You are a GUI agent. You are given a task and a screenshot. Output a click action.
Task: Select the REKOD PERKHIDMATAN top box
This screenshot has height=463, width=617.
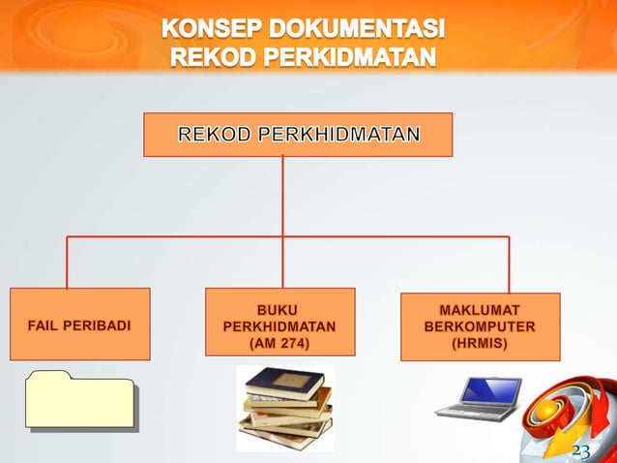(x=298, y=135)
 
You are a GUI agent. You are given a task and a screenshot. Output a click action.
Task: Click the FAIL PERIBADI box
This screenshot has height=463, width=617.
(x=80, y=324)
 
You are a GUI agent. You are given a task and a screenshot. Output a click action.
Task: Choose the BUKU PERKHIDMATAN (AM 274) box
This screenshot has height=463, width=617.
(x=279, y=323)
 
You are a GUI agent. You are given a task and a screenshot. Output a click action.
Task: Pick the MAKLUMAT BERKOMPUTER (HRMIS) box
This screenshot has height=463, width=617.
(x=480, y=327)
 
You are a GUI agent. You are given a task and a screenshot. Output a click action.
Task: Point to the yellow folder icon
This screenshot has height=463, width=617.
(x=80, y=398)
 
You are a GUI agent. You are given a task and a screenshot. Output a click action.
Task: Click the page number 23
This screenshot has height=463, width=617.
(x=580, y=451)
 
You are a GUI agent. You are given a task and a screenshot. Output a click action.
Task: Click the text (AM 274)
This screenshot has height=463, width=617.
(x=279, y=343)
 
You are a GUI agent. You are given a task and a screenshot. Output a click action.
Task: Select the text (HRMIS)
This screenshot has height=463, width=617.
(x=480, y=343)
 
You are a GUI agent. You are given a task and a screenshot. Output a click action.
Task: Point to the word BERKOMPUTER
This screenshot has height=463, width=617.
(x=480, y=326)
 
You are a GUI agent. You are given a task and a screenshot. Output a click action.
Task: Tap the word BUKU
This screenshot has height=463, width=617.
(x=279, y=309)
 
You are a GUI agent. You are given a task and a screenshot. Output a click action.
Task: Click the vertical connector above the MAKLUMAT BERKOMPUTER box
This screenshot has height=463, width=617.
(x=509, y=263)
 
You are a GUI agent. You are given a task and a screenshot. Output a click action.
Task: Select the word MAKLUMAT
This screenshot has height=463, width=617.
(x=480, y=310)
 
